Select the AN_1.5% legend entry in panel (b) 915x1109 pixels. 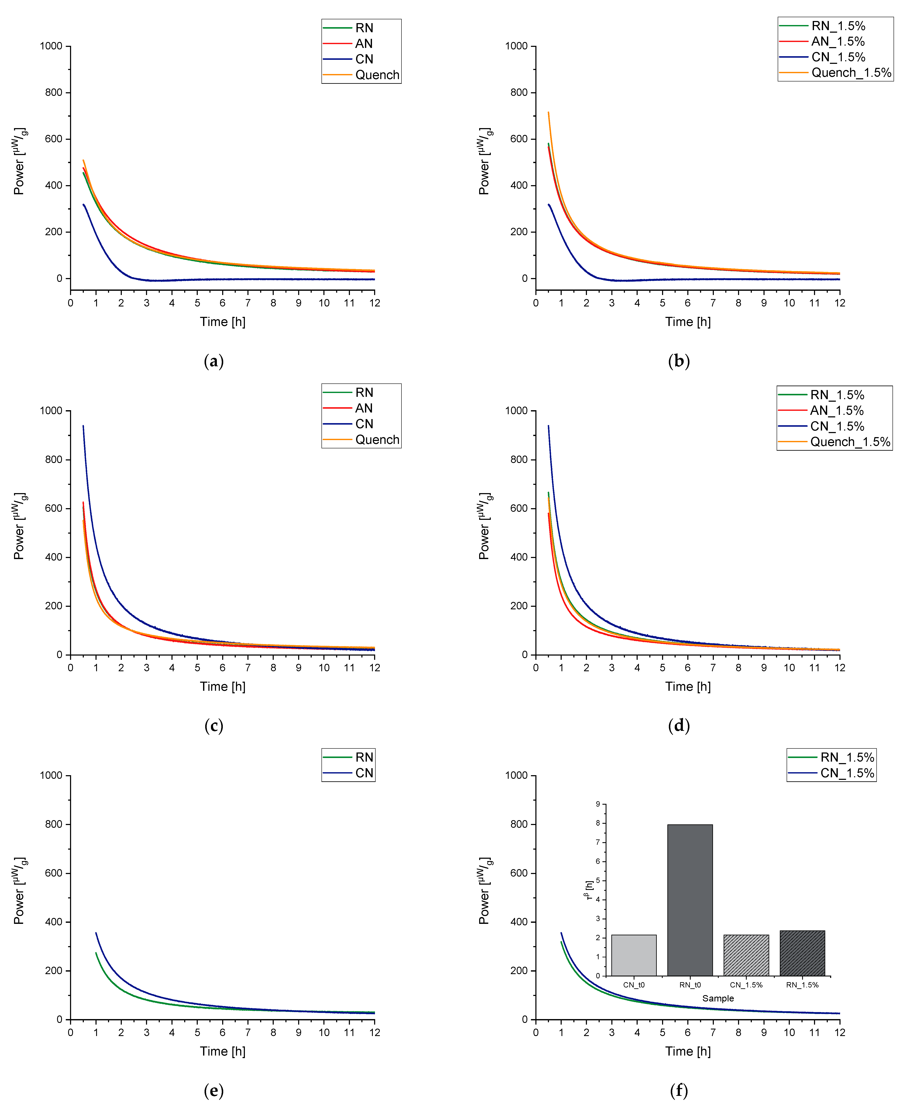click(x=838, y=42)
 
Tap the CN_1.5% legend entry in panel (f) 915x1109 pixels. click(x=847, y=773)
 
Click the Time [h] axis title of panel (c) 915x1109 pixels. click(x=222, y=687)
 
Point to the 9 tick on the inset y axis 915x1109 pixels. click(x=598, y=804)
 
